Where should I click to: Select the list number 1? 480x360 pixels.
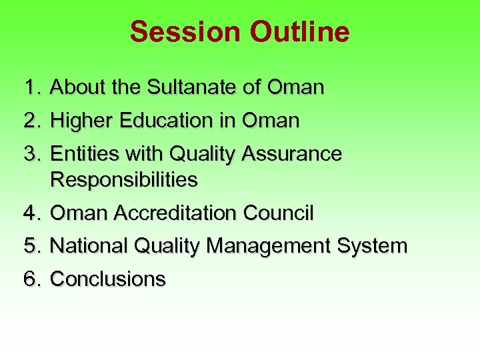(33, 87)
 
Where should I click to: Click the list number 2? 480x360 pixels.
(33, 121)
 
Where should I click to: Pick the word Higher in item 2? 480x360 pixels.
(81, 121)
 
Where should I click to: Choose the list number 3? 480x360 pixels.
(33, 154)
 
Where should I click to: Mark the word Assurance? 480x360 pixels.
(292, 154)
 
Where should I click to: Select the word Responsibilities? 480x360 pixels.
(124, 179)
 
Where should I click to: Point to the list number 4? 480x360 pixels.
(33, 213)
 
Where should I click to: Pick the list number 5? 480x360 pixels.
(33, 246)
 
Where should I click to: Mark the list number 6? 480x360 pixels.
(33, 279)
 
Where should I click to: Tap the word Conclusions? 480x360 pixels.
(108, 279)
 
